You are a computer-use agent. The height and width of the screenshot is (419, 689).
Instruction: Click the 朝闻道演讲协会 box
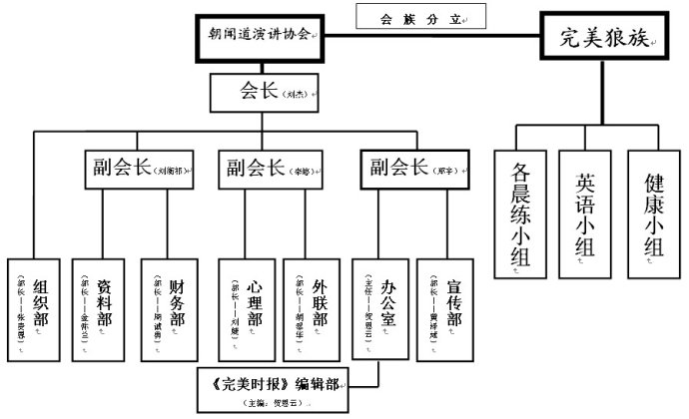pyautogui.click(x=258, y=35)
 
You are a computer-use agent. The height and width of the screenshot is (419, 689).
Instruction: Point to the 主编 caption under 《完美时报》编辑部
pyautogui.click(x=273, y=403)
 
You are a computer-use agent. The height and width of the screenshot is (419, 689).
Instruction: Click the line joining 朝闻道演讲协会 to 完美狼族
pyautogui.click(x=429, y=37)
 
